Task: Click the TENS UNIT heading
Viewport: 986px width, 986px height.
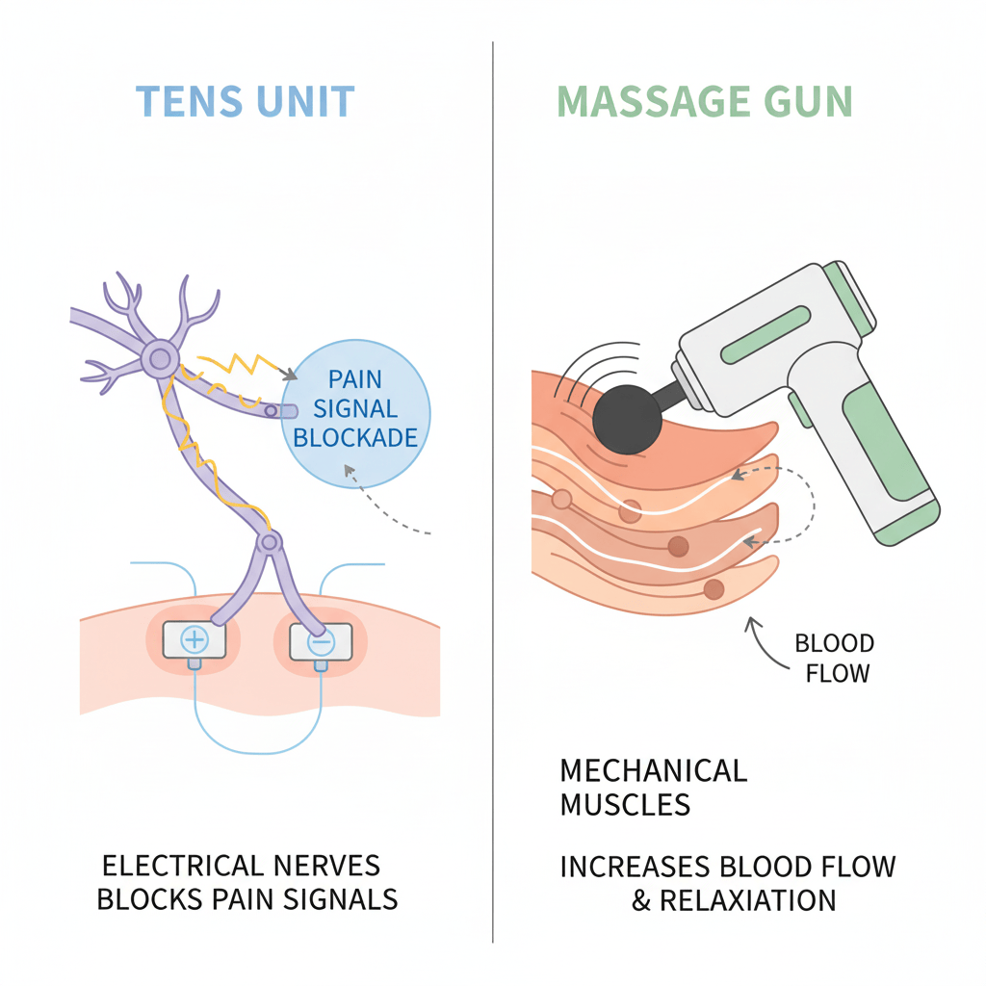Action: (246, 102)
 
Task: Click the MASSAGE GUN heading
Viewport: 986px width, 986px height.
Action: (705, 102)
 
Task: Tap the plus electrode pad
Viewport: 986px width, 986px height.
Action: (195, 639)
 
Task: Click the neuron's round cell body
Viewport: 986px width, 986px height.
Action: (159, 359)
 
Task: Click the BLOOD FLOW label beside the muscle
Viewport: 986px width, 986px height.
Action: (835, 658)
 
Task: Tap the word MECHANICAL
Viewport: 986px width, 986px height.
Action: (653, 771)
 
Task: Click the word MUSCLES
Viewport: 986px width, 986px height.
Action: (625, 805)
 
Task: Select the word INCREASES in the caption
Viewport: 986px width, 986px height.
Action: (636, 867)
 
